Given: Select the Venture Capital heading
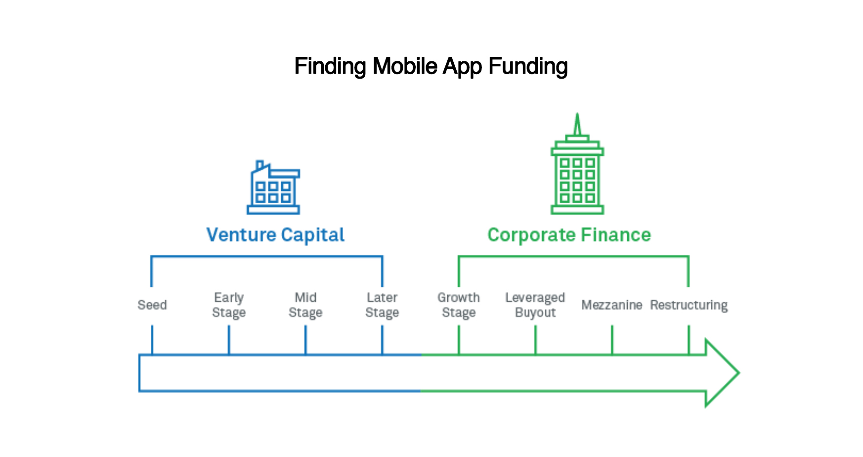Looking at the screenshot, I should tap(275, 235).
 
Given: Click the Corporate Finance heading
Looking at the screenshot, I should tap(569, 235).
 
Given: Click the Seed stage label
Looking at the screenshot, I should tap(152, 305).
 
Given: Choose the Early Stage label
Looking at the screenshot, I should tap(229, 305).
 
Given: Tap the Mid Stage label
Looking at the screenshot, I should tap(305, 305).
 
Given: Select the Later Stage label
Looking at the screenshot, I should tap(382, 305).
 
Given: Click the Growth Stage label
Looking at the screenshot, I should tap(459, 305).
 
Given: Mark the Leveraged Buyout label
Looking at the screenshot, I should tap(535, 305).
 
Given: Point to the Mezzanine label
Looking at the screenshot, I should tap(612, 305).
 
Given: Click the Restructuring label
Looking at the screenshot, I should tap(689, 305).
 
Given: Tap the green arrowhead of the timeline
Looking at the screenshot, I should tap(722, 373).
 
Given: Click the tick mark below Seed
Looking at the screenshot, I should tap(152, 340).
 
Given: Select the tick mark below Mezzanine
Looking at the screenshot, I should tap(612, 340).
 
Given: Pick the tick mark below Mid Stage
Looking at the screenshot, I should tap(305, 340).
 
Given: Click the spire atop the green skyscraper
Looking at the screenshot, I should tap(577, 124).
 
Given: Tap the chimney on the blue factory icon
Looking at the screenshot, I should tap(259, 165).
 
